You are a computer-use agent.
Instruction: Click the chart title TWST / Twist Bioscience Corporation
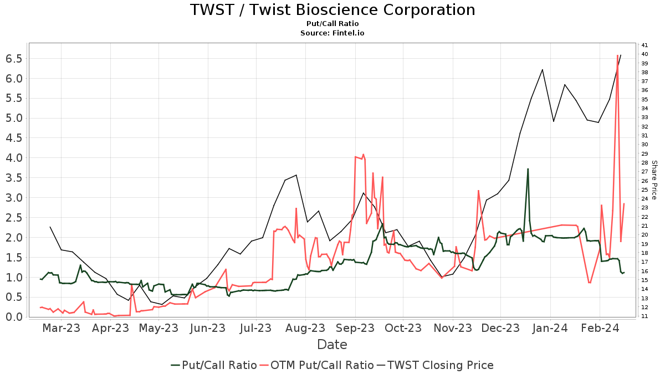tap(332, 10)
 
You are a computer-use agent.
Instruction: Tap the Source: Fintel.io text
tap(332, 33)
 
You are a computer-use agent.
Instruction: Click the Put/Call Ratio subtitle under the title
tap(332, 24)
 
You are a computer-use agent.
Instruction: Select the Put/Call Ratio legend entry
tap(214, 365)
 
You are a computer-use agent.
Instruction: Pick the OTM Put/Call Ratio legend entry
tap(317, 365)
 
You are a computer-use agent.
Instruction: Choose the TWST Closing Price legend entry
tap(435, 365)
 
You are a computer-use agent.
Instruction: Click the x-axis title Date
tap(332, 345)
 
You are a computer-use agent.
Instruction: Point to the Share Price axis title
tap(654, 180)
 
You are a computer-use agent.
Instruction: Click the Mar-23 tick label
tap(62, 328)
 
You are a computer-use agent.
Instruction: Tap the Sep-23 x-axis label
tap(355, 328)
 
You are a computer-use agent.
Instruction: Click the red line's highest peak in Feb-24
tap(617, 55)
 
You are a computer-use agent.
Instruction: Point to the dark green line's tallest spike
tap(528, 169)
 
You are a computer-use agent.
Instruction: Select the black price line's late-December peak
tap(542, 70)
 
